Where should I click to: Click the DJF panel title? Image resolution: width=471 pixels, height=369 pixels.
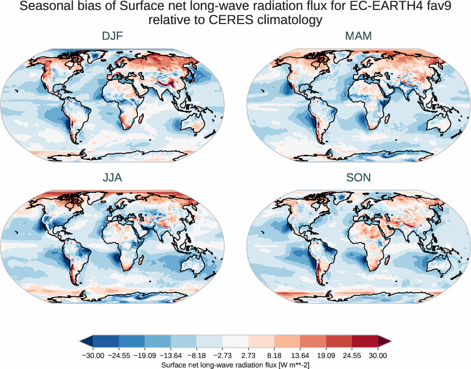pos(113,37)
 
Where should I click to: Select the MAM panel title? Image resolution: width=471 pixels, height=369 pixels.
pos(358,37)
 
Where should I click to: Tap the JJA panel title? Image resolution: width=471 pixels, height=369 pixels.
pos(113,178)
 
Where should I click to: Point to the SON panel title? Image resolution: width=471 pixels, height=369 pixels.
pos(358,178)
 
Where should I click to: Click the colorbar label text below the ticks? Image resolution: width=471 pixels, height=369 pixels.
pos(236,364)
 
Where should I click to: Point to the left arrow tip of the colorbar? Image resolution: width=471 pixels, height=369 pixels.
pos(81,342)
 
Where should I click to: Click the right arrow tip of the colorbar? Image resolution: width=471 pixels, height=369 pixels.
pos(391,342)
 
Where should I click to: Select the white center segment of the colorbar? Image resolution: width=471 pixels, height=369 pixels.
pos(236,342)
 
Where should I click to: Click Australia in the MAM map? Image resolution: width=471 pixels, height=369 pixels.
pos(438,125)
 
